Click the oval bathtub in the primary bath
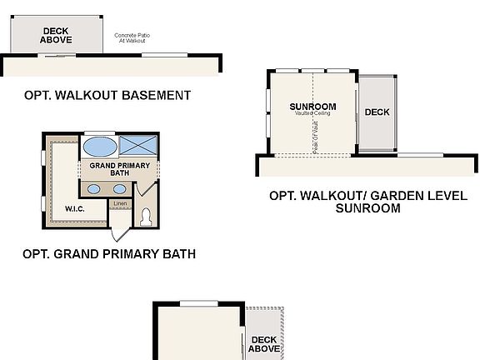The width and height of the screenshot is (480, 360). coord(100,147)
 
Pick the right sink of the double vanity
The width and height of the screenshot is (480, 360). coord(119,188)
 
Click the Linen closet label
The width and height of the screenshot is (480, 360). coord(120,203)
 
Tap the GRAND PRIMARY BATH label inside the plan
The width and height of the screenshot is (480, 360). coord(119,169)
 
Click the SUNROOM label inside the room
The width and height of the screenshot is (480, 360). coord(312,107)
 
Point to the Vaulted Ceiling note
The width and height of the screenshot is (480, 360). coord(312,114)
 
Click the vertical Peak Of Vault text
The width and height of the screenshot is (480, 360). coord(315,132)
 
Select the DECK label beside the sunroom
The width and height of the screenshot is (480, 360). coord(377,112)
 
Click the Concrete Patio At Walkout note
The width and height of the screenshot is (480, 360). coord(130,37)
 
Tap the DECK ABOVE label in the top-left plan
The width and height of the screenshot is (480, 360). coord(56,35)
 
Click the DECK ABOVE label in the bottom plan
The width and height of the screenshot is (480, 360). coord(263,344)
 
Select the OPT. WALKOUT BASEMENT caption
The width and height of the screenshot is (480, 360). coord(107,95)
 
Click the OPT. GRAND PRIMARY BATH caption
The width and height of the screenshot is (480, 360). coord(109,253)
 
